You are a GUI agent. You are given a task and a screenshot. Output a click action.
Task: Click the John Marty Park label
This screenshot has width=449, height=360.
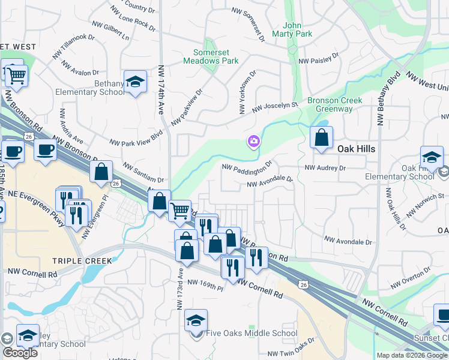(x=297, y=30)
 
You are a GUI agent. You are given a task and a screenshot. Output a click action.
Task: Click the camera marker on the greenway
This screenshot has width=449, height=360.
(x=254, y=141)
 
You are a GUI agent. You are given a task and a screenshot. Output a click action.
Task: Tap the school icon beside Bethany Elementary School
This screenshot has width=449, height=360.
(x=136, y=83)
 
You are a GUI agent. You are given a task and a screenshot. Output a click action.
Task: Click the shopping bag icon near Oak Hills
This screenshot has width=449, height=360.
(x=322, y=137)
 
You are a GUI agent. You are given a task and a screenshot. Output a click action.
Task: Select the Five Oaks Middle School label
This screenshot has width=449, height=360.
(x=251, y=333)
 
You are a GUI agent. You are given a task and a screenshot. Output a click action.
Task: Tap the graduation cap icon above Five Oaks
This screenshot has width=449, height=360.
(x=196, y=321)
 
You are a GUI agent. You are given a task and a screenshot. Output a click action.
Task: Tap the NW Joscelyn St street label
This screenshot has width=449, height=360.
(x=275, y=107)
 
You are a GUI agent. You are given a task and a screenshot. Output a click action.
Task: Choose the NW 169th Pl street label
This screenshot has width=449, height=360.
(x=205, y=284)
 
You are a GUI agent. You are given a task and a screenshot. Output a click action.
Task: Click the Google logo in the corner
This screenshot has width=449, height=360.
(x=20, y=353)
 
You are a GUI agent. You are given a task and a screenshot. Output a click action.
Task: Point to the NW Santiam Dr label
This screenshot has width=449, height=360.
(x=143, y=172)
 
